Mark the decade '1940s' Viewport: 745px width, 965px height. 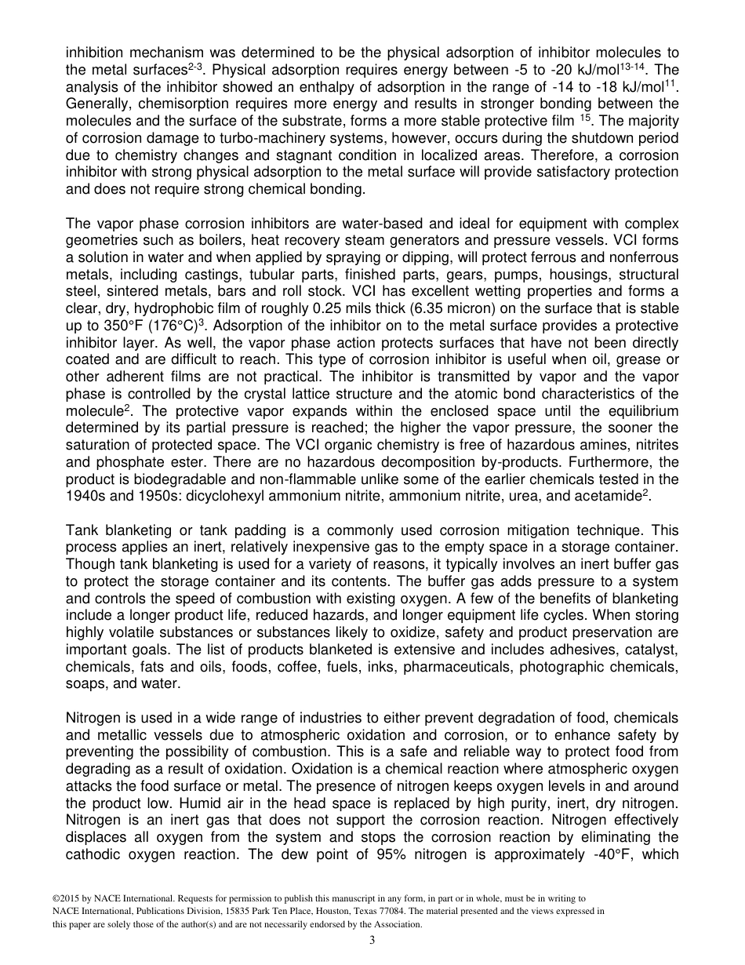(85, 496)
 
